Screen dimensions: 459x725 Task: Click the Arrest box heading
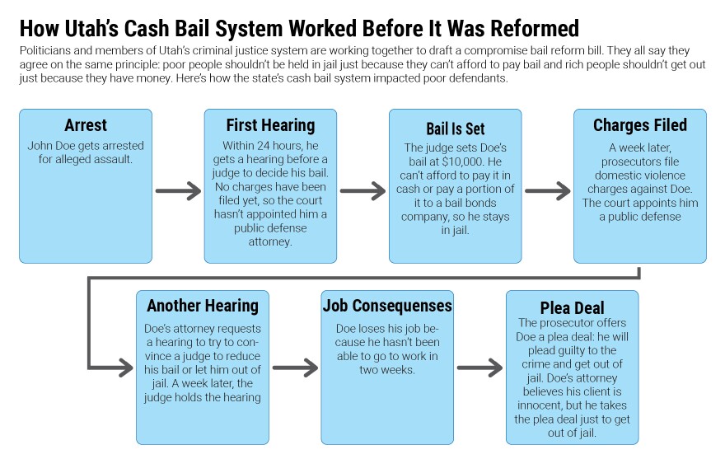(x=86, y=125)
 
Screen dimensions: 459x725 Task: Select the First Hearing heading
(x=270, y=125)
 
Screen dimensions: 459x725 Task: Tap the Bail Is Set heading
(x=455, y=129)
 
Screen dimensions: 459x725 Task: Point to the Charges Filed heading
(x=639, y=125)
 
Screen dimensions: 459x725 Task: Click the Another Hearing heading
(x=203, y=306)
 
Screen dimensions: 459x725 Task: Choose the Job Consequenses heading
(x=386, y=306)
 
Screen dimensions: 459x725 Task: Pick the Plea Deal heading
(x=572, y=306)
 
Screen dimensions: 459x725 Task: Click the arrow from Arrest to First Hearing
(x=178, y=192)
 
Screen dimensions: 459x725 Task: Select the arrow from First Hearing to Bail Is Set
(x=362, y=192)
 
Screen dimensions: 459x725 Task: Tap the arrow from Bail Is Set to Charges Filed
(x=547, y=192)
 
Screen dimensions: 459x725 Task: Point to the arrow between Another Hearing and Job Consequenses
(x=295, y=366)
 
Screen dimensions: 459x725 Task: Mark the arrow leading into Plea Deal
(x=479, y=366)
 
